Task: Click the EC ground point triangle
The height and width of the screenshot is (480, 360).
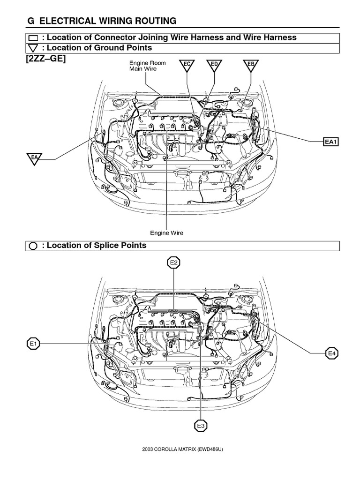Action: click(187, 65)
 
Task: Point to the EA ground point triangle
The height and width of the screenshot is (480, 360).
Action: click(34, 158)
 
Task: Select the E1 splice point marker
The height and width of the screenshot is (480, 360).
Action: click(32, 345)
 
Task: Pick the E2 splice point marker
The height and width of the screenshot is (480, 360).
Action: click(174, 263)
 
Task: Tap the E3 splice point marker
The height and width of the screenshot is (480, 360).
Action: click(201, 426)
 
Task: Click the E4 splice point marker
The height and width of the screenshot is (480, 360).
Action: click(332, 353)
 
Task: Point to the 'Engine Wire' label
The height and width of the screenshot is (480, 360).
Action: click(166, 232)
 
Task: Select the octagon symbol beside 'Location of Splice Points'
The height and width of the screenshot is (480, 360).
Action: click(33, 246)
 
